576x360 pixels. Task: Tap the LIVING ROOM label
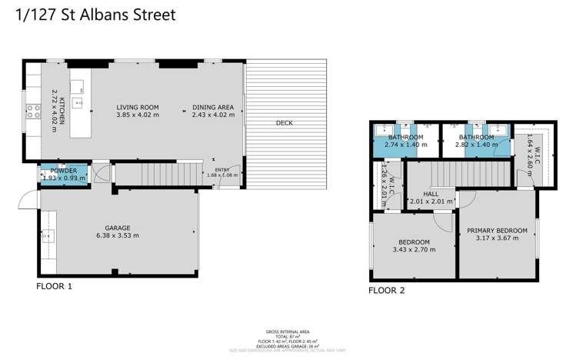coord(137,108)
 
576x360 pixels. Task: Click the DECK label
coord(284,123)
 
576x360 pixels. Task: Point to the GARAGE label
coord(118,228)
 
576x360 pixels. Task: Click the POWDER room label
coord(64,171)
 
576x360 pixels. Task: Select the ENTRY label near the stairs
coord(221,170)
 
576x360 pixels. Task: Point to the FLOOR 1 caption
coord(54,285)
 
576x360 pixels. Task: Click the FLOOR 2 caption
coord(386,291)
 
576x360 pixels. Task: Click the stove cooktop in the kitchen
coord(33,110)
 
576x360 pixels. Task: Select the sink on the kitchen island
coord(78,102)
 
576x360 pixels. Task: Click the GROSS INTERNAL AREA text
coord(287,333)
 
